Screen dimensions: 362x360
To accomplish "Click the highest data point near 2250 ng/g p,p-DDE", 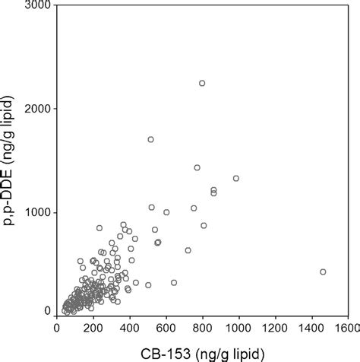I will pyautogui.click(x=202, y=83).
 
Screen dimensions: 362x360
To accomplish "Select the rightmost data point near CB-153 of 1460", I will pyautogui.click(x=323, y=271).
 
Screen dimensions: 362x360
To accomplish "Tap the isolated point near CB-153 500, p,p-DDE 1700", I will pyautogui.click(x=150, y=139).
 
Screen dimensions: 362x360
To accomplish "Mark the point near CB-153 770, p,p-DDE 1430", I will pyautogui.click(x=197, y=167).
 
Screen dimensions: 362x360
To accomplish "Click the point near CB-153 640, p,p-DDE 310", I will pyautogui.click(x=174, y=282).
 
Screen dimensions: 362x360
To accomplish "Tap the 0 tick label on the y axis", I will pyautogui.click(x=46, y=311).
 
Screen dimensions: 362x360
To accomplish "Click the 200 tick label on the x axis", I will pyautogui.click(x=93, y=329).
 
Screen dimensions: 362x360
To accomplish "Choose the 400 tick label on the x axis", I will pyautogui.click(x=130, y=329).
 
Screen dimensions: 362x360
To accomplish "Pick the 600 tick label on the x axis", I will pyautogui.click(x=166, y=329).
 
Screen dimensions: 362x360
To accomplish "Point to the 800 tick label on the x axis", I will pyautogui.click(x=203, y=329).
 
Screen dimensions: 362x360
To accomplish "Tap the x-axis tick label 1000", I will pyautogui.click(x=239, y=329).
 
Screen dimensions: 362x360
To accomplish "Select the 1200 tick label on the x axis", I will pyautogui.click(x=276, y=329).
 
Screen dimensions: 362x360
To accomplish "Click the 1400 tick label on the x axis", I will pyautogui.click(x=312, y=329).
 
